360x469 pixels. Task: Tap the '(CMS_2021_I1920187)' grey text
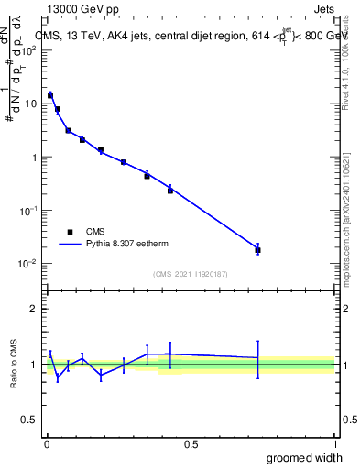tap(190, 273)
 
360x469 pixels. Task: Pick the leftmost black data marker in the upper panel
tap(50, 95)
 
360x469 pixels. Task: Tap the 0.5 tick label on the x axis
tap(190, 444)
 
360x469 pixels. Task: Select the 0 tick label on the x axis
tap(46, 444)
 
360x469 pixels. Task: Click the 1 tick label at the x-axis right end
tap(333, 444)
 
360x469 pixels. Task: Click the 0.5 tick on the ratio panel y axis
tap(29, 420)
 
